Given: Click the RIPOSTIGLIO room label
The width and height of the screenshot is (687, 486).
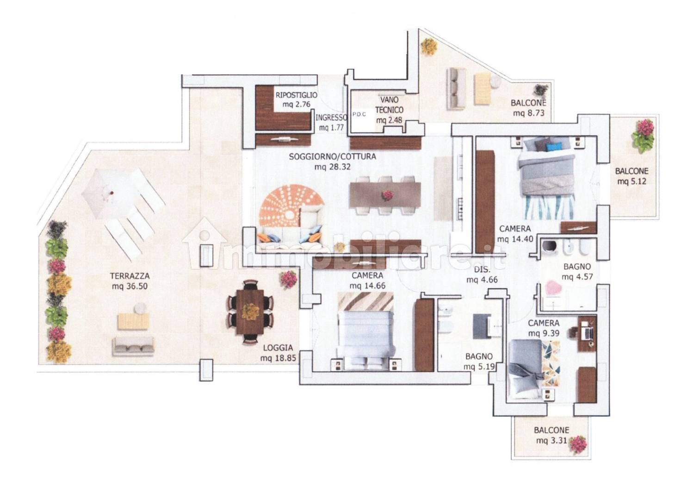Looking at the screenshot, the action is pyautogui.click(x=296, y=95).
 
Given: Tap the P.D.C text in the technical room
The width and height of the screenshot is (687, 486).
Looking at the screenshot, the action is pyautogui.click(x=359, y=114).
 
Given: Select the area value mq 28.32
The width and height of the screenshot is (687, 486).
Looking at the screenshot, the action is pyautogui.click(x=332, y=167).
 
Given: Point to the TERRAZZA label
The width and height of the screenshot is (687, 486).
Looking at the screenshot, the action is pyautogui.click(x=130, y=276).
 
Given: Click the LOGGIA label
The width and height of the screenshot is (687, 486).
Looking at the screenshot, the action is pyautogui.click(x=278, y=348).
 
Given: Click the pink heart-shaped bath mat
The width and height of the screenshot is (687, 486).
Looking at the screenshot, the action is pyautogui.click(x=554, y=287).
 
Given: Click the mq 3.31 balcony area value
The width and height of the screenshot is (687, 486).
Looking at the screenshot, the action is pyautogui.click(x=551, y=441).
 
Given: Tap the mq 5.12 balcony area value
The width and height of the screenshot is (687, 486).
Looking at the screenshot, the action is pyautogui.click(x=632, y=181).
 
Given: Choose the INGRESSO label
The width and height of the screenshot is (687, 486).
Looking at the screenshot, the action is pyautogui.click(x=331, y=118).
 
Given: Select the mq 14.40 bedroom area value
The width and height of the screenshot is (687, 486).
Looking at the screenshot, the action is pyautogui.click(x=515, y=239).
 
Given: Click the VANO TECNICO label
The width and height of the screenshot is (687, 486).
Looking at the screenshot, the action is pyautogui.click(x=389, y=105).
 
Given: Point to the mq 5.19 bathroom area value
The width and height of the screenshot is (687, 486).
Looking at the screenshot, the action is pyautogui.click(x=479, y=367).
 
